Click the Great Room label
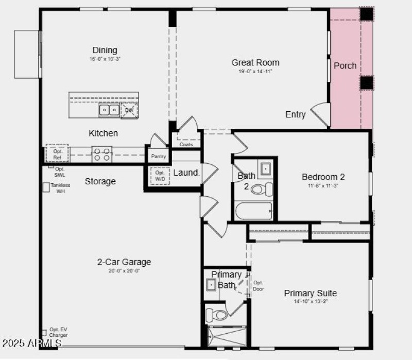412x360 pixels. (x=255, y=63)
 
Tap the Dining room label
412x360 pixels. (x=105, y=50)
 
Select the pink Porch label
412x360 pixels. (x=345, y=65)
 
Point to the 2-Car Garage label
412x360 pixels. (x=124, y=262)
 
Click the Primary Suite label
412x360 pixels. (x=310, y=294)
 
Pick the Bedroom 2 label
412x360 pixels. (x=323, y=177)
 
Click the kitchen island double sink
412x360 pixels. (x=109, y=110)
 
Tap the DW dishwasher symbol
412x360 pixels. (x=129, y=110)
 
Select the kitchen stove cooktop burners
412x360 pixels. (x=102, y=154)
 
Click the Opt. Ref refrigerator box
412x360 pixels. (x=57, y=154)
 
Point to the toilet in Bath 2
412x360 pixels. (x=263, y=189)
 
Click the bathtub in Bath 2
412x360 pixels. (x=253, y=211)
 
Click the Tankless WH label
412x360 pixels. (x=60, y=188)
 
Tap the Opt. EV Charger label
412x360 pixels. (x=58, y=332)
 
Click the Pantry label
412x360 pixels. (x=159, y=156)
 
